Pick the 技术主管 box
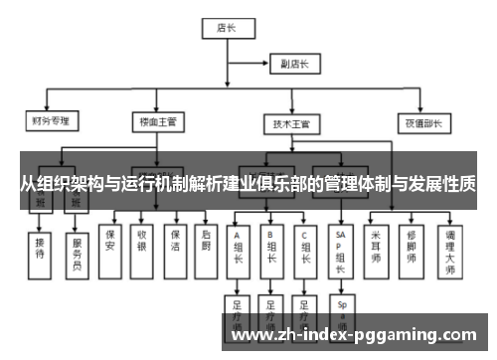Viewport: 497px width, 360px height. (x=290, y=125)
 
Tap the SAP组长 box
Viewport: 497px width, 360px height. (x=341, y=249)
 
